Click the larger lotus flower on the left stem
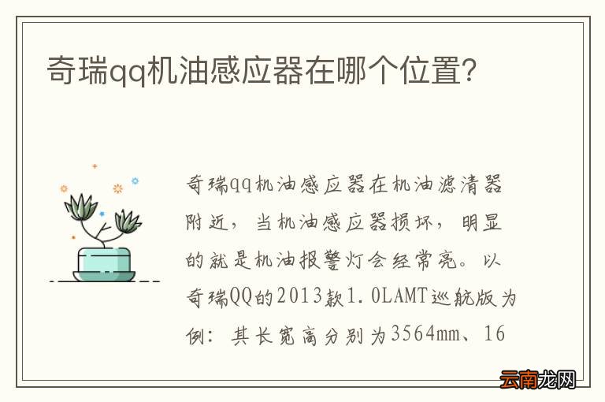coord(80,207)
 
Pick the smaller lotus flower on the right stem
coord(127,221)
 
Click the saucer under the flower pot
coord(104,276)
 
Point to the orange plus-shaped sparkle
coord(95,166)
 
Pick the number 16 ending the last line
coord(496,333)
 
